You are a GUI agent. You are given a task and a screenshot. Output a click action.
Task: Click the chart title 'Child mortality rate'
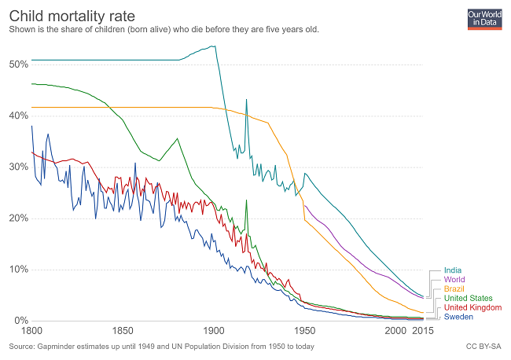pyautogui.click(x=72, y=15)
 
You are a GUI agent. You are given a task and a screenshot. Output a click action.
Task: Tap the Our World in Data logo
pyautogui.click(x=483, y=19)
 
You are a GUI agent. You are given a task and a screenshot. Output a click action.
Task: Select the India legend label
pyautogui.click(x=453, y=271)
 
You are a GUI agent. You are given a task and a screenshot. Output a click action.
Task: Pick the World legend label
pyautogui.click(x=454, y=280)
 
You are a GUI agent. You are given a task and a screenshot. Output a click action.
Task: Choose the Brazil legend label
pyautogui.click(x=454, y=289)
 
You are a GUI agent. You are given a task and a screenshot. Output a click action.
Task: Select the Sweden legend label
pyautogui.click(x=459, y=317)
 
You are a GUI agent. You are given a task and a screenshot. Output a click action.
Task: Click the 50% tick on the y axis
pyautogui.click(x=19, y=63)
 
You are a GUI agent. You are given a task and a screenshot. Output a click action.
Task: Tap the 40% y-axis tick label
pyautogui.click(x=19, y=115)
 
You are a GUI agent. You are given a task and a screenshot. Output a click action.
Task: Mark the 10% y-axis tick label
pyautogui.click(x=19, y=270)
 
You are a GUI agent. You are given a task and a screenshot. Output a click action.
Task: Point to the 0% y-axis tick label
pyautogui.click(x=21, y=321)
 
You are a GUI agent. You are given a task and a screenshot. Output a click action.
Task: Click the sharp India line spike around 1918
pyautogui.click(x=246, y=100)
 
